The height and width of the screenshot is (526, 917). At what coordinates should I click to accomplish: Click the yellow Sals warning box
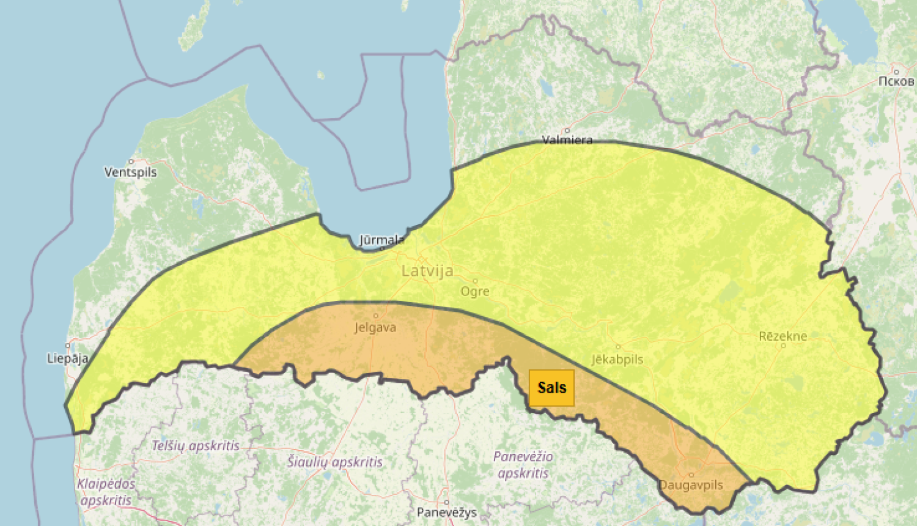click(551, 388)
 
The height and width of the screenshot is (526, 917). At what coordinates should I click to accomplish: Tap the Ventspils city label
click(130, 172)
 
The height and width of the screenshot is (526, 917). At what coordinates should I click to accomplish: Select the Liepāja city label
click(67, 358)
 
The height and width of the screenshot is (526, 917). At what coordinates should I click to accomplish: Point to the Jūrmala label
click(381, 240)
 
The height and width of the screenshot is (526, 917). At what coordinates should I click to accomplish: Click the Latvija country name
click(427, 271)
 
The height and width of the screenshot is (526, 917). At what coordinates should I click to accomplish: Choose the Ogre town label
click(475, 291)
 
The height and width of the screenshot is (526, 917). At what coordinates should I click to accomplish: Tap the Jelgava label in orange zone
click(375, 328)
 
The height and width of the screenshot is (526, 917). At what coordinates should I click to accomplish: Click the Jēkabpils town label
click(617, 360)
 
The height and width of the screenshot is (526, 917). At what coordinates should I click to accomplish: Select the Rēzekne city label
click(783, 336)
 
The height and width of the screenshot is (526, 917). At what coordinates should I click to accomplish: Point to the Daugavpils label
click(691, 485)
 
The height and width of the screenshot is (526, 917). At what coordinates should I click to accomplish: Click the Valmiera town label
click(567, 140)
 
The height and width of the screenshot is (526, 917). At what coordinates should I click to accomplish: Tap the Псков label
click(896, 81)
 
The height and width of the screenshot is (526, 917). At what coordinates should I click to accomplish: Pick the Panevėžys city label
click(446, 513)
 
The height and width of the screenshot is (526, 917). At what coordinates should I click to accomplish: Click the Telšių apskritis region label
click(196, 446)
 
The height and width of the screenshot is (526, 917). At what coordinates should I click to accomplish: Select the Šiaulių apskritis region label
click(335, 462)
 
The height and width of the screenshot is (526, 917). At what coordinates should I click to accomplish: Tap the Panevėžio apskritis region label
click(523, 465)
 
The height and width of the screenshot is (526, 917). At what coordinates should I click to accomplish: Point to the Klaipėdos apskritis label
click(106, 492)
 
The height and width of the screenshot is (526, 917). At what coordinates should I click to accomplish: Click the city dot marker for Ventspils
click(131, 161)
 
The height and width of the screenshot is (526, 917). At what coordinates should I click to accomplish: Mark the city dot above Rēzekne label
click(783, 346)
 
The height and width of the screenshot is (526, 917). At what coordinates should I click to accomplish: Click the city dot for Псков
click(896, 72)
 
